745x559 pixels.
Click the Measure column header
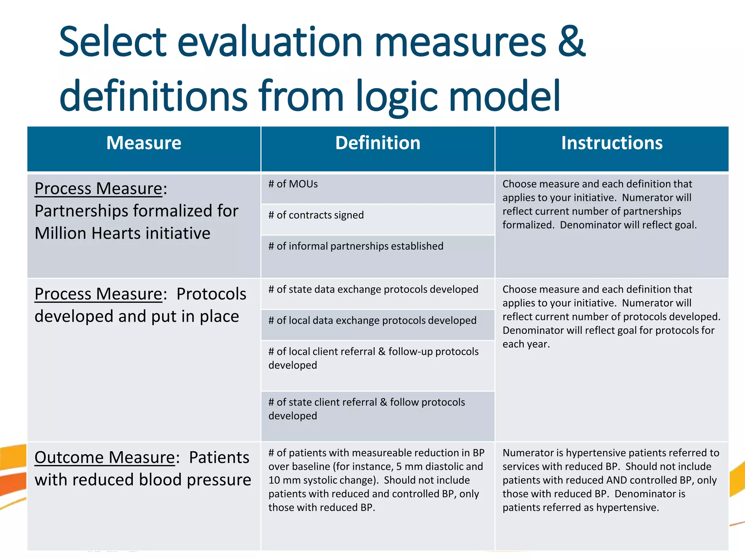pos(144,143)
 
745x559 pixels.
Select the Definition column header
pos(378,143)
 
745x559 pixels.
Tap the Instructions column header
pos(612,143)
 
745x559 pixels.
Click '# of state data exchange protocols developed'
pos(373,289)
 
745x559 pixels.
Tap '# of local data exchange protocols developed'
pos(372,321)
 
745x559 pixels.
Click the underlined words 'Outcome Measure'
pos(105,458)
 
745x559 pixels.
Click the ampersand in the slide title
pos(571,42)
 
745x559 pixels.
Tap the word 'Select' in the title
pos(112,42)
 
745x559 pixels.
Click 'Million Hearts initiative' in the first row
pos(123,233)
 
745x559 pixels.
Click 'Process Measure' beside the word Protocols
pos(98,294)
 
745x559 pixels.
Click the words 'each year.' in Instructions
pos(526,344)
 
